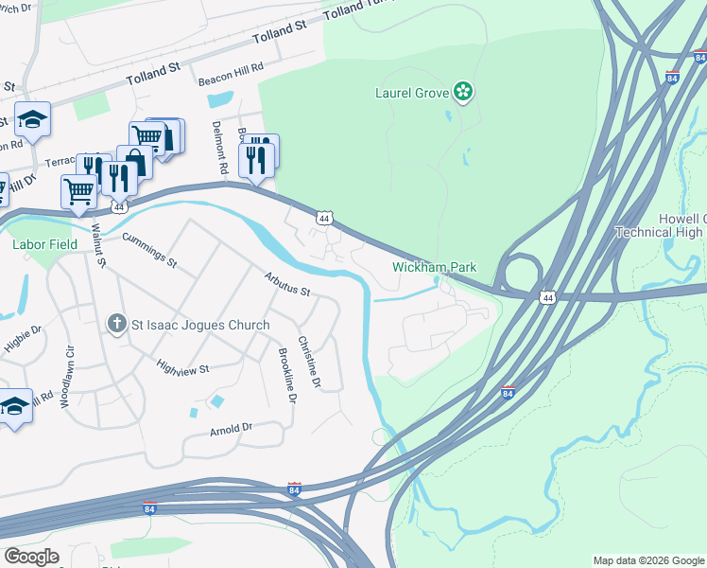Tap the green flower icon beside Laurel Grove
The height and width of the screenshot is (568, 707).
[463, 92]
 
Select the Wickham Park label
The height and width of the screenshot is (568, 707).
[435, 268]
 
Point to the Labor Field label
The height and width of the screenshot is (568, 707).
[43, 244]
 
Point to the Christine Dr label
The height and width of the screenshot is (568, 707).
[309, 363]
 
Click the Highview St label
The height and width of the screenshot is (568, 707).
[182, 369]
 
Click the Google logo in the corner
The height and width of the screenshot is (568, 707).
[31, 557]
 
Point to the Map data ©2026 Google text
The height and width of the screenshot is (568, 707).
[648, 560]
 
